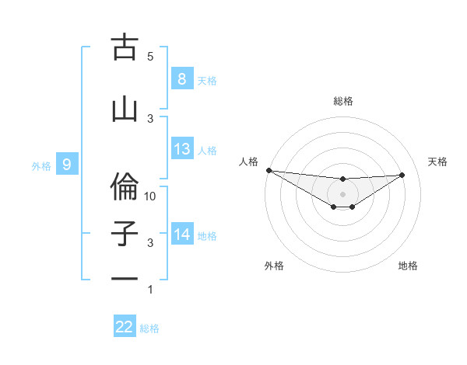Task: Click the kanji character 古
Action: [x=125, y=48]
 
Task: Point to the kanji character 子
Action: [x=125, y=234]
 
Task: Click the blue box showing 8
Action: [x=181, y=78]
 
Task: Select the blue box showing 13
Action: [x=181, y=149]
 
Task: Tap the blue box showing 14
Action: [x=181, y=235]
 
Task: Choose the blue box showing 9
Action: [x=67, y=165]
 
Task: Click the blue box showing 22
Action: [x=125, y=327]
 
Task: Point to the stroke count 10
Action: [x=150, y=196]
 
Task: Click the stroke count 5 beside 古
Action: [x=150, y=57]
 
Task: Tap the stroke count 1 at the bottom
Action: [x=150, y=290]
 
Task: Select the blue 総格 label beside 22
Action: [x=149, y=328]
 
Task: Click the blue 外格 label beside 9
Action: [x=40, y=165]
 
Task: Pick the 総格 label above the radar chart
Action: [x=342, y=101]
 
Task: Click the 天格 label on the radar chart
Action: [x=437, y=162]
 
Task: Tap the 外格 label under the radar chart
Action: [x=274, y=266]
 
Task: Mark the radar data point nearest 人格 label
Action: [x=269, y=170]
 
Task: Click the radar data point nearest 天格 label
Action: [x=402, y=175]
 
